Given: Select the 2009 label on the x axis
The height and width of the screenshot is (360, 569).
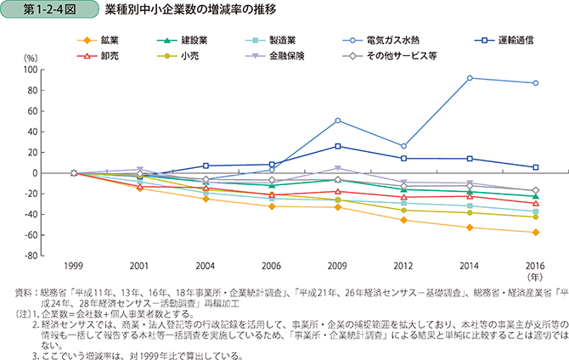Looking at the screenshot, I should click(337, 265).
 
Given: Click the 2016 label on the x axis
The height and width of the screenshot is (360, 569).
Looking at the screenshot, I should click(534, 265).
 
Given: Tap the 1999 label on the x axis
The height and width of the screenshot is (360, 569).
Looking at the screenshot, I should click(74, 265).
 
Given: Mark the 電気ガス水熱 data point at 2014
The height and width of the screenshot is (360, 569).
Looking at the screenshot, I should click(469, 78).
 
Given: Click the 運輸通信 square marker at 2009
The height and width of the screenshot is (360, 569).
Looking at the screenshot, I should click(337, 146).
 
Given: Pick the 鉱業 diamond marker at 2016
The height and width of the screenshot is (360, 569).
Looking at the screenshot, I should click(534, 232).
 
